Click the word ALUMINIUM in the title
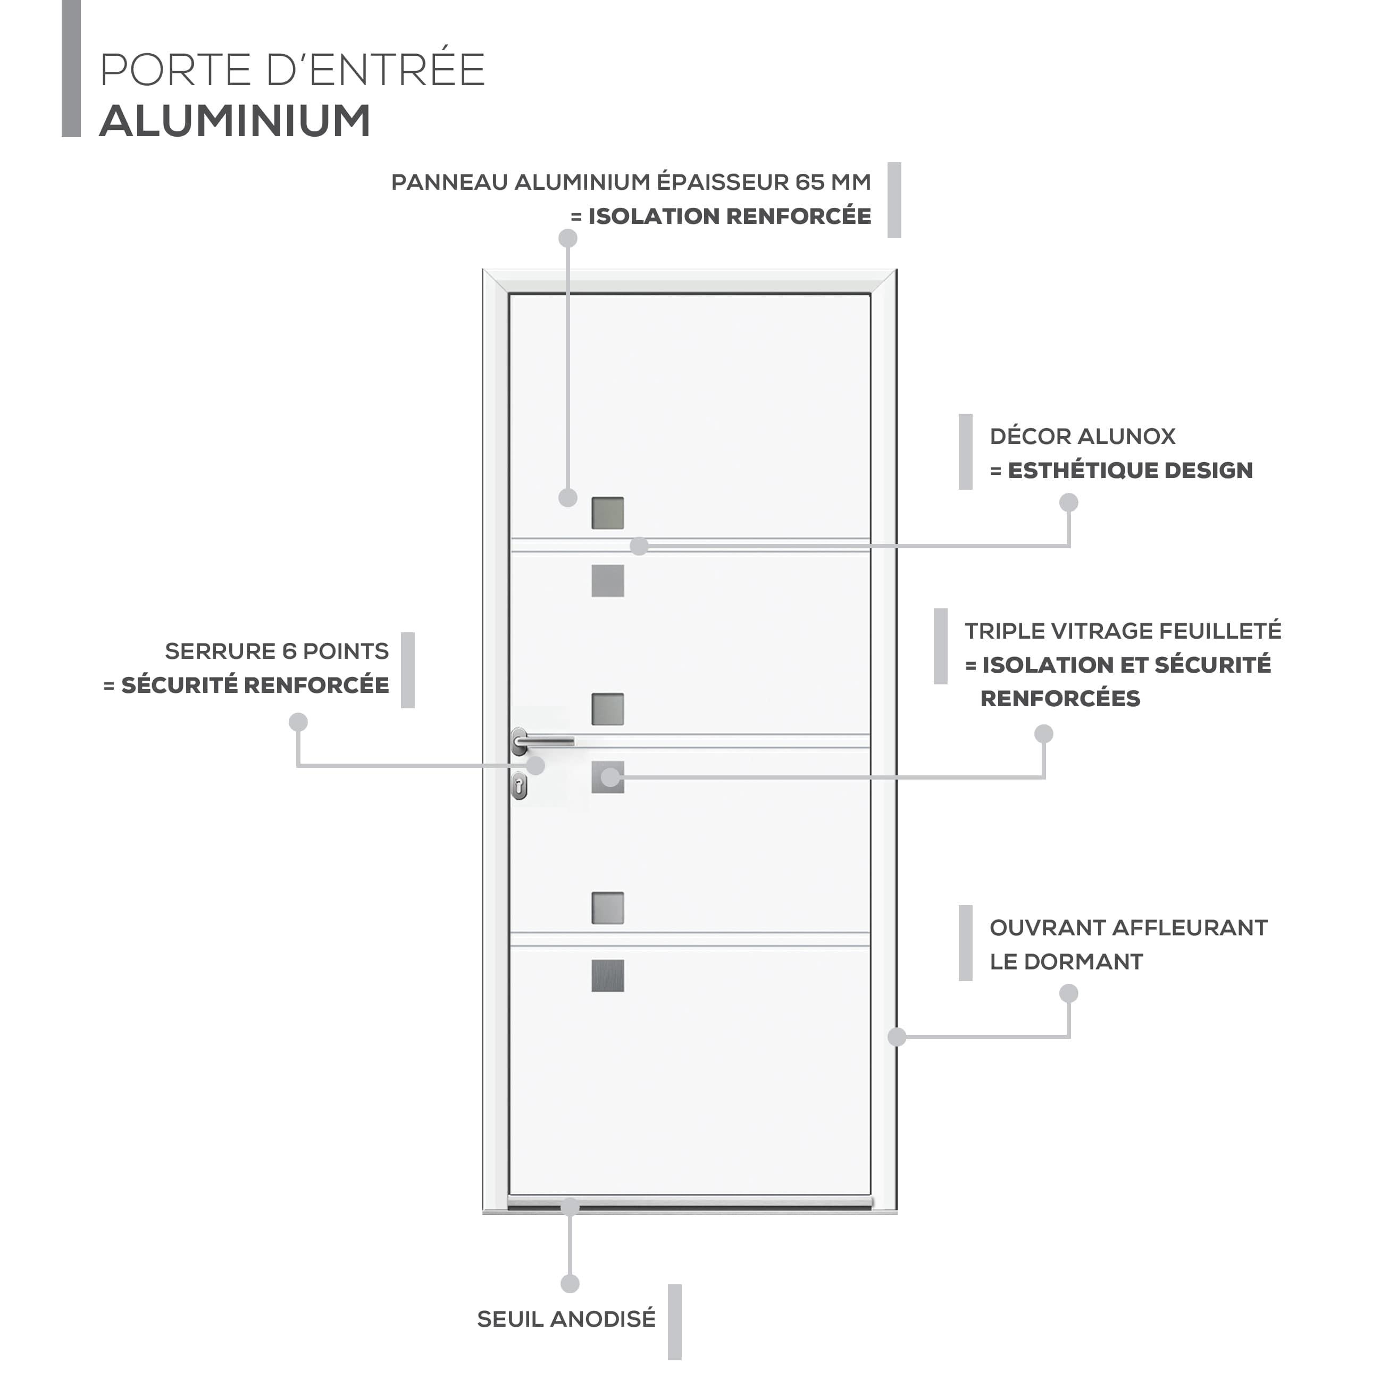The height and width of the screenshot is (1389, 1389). click(235, 120)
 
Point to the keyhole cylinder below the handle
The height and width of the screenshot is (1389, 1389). click(519, 786)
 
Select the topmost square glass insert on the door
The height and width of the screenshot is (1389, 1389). click(607, 513)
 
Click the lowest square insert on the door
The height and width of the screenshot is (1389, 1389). click(607, 976)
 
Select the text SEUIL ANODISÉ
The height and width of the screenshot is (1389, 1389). click(566, 1319)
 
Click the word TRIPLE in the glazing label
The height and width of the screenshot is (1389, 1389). click(1005, 631)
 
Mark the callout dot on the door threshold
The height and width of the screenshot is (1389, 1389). click(570, 1207)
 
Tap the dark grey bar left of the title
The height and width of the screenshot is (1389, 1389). click(71, 68)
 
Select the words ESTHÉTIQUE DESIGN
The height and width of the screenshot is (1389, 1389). click(1130, 470)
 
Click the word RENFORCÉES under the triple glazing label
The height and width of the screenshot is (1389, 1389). click(1060, 698)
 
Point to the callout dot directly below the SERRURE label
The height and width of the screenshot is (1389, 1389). click(298, 722)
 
